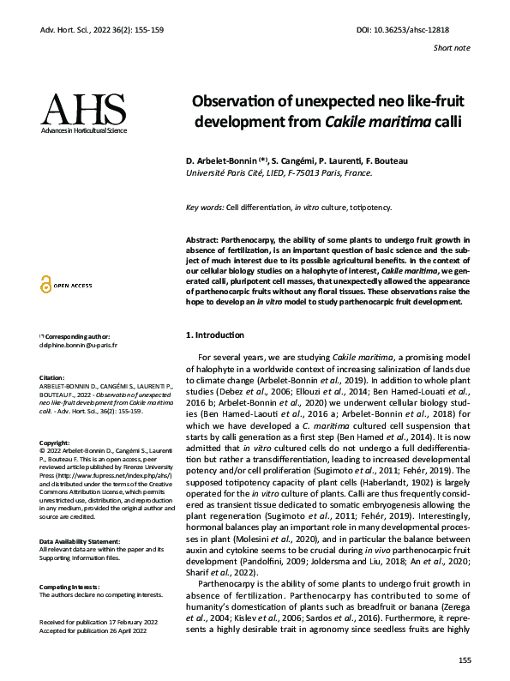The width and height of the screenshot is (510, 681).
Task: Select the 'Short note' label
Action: pos(452,48)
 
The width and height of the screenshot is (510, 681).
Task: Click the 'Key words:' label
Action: pos(205,208)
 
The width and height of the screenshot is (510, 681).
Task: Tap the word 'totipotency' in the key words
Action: pos(369,208)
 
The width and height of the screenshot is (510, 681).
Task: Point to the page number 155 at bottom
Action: pos(464,659)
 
